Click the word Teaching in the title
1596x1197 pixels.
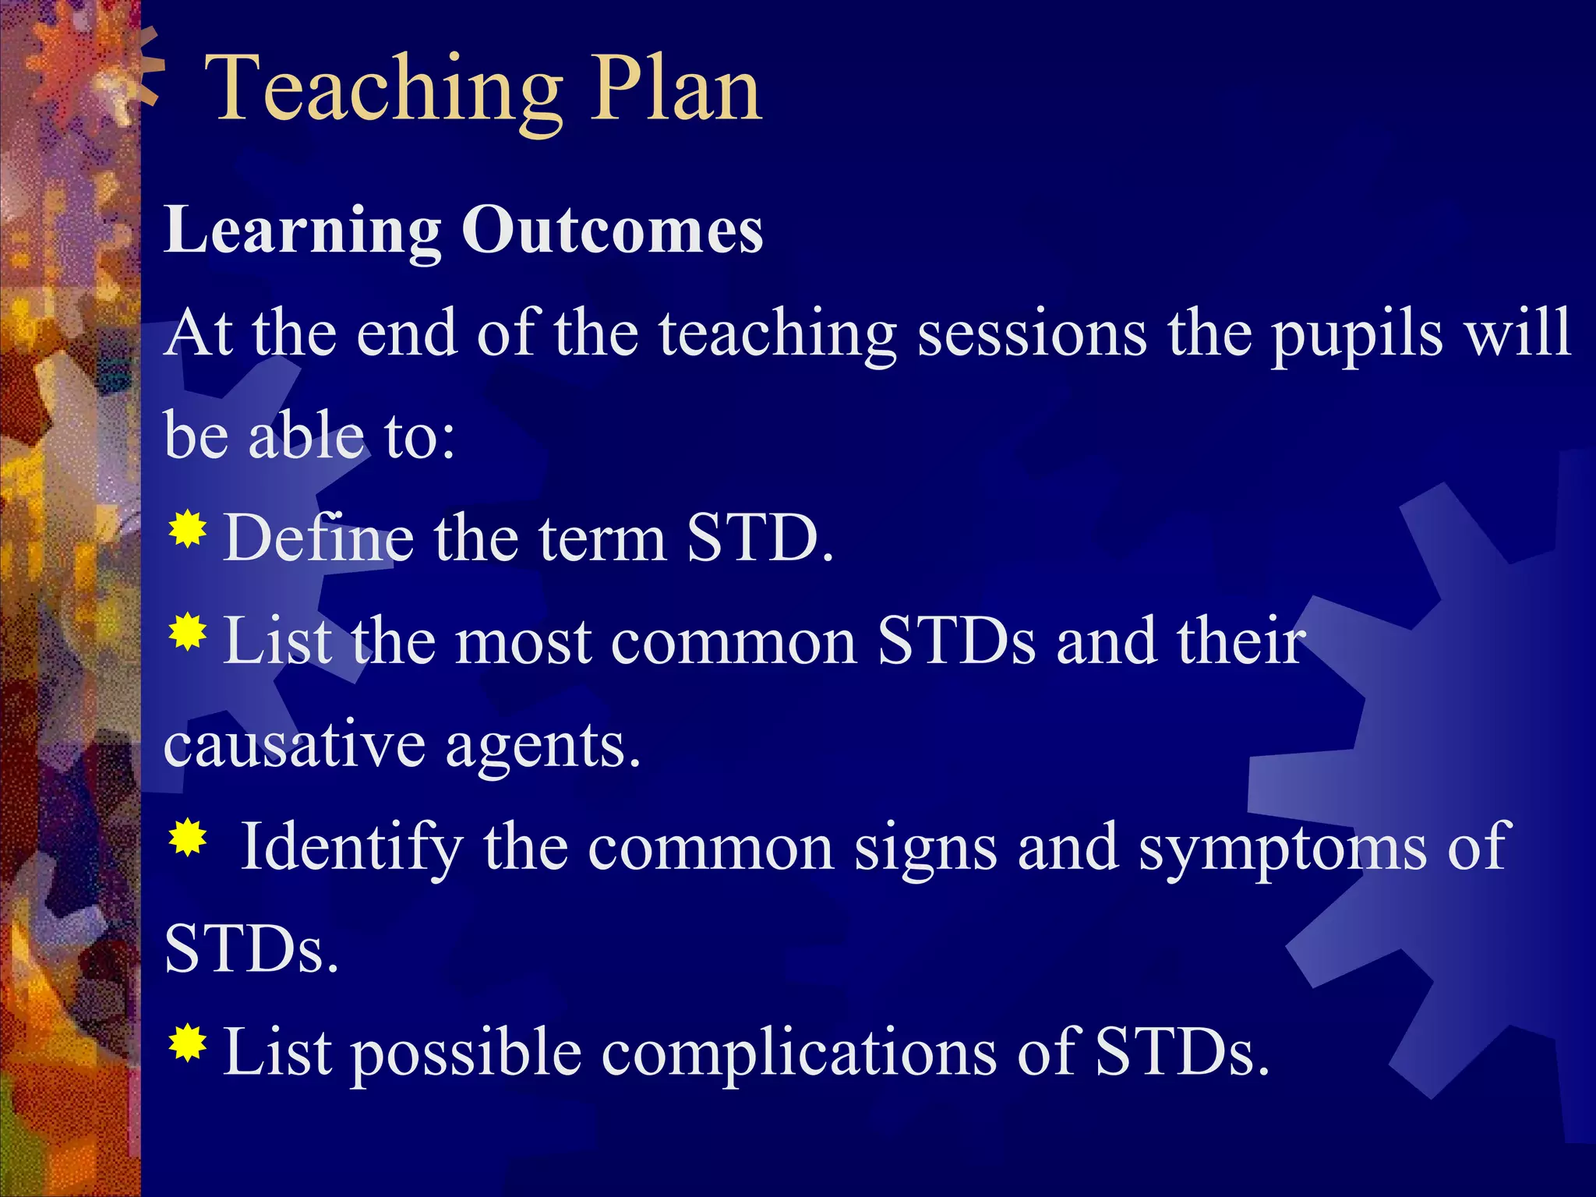(x=382, y=90)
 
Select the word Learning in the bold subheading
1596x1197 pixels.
(x=302, y=231)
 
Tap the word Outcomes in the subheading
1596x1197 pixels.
(x=612, y=231)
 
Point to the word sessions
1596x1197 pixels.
(x=1031, y=334)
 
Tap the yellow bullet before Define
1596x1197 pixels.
(x=187, y=531)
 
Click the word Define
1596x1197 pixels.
(x=318, y=538)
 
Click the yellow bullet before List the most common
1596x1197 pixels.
(x=187, y=633)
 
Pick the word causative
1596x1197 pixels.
(x=294, y=745)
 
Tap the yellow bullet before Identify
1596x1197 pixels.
(x=187, y=839)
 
